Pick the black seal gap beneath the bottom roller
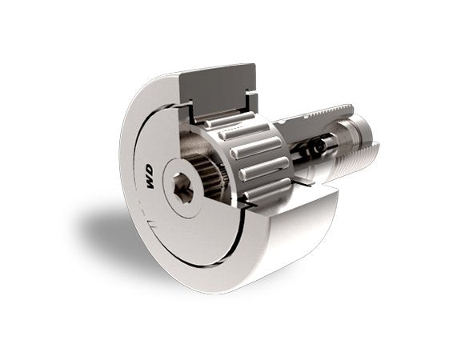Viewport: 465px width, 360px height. pos(248,210)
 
